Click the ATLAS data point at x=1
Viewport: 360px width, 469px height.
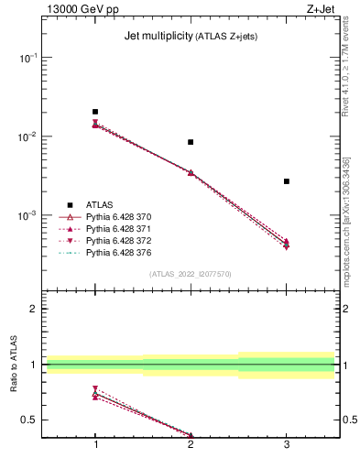click(95, 112)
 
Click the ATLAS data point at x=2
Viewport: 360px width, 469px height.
click(191, 142)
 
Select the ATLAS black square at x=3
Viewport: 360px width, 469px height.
click(287, 181)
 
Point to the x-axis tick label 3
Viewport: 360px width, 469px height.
click(287, 444)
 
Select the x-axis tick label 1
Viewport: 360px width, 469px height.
click(95, 444)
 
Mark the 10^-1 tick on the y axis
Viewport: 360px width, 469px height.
click(27, 57)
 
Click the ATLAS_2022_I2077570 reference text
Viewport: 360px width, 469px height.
click(191, 274)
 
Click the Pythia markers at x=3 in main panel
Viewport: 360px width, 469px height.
click(287, 244)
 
